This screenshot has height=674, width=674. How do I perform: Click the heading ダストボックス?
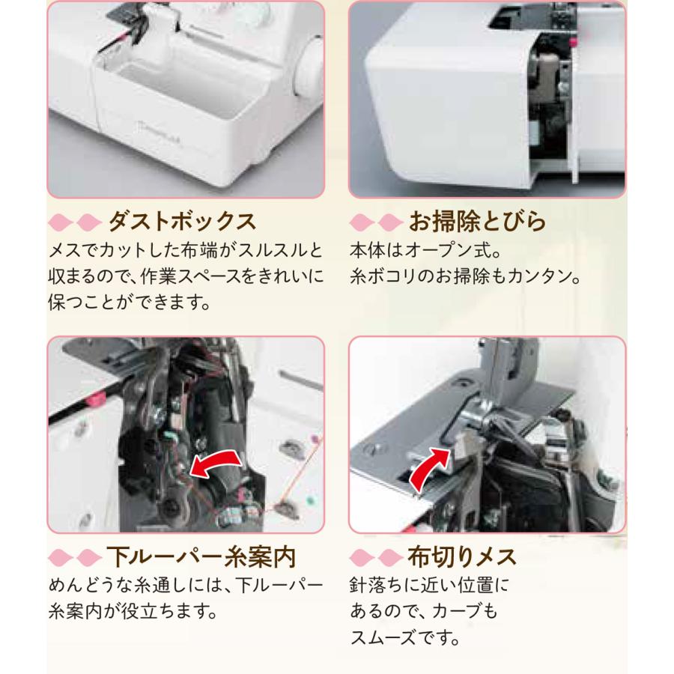click(182, 222)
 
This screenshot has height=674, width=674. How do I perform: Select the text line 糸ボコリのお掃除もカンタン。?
click(465, 276)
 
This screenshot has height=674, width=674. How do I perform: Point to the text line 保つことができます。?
click(126, 303)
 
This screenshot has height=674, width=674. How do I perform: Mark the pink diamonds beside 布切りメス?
click(374, 558)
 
